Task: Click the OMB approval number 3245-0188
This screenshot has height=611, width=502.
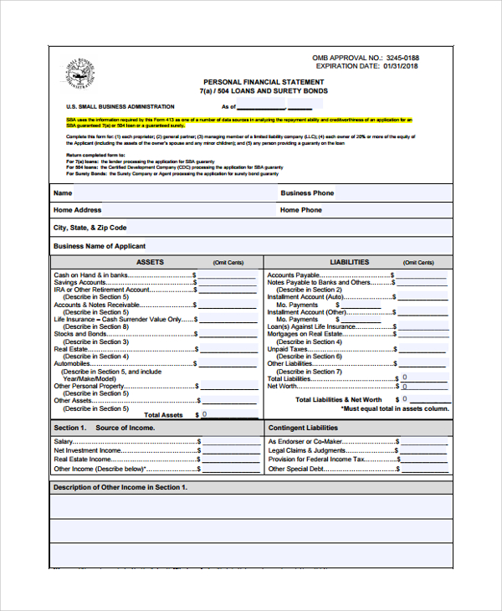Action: [401, 58]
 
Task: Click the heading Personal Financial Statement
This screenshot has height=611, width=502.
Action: [264, 81]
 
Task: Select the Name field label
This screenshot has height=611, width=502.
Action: [63, 193]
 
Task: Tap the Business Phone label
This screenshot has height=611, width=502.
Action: [307, 193]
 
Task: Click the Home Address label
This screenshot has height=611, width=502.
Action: [77, 210]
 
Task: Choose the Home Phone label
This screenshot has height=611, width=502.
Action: [301, 210]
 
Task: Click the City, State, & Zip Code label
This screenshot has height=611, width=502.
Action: [90, 228]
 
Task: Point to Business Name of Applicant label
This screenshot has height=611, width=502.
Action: [100, 246]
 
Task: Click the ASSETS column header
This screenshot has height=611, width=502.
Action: [150, 262]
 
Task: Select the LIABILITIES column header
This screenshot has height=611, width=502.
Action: [349, 262]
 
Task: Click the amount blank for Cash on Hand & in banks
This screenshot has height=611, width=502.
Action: [227, 275]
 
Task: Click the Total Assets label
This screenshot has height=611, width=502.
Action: [163, 415]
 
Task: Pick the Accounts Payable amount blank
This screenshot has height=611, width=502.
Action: [423, 275]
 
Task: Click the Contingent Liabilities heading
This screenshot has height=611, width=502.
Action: [303, 428]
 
